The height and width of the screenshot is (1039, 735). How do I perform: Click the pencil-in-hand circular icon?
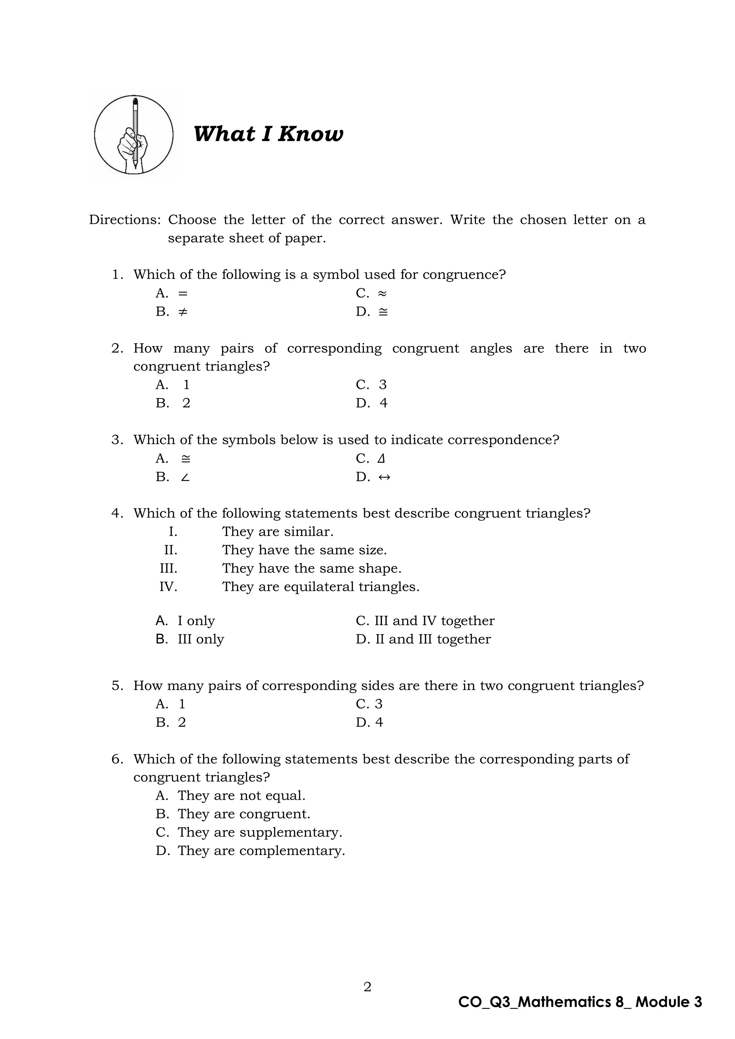coord(134,135)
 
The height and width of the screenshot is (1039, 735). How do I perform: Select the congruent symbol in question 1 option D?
coord(383,312)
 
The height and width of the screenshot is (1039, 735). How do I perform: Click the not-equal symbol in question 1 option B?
coord(182,312)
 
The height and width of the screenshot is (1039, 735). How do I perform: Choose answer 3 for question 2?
coord(383,385)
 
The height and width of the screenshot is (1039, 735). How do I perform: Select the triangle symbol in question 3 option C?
coord(381,459)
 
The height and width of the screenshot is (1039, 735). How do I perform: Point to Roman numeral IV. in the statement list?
coord(168,587)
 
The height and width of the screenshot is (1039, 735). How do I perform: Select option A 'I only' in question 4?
coord(196,621)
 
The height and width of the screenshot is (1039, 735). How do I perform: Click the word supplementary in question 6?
coord(291,833)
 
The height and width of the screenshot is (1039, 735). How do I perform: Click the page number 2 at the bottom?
coord(367,987)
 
